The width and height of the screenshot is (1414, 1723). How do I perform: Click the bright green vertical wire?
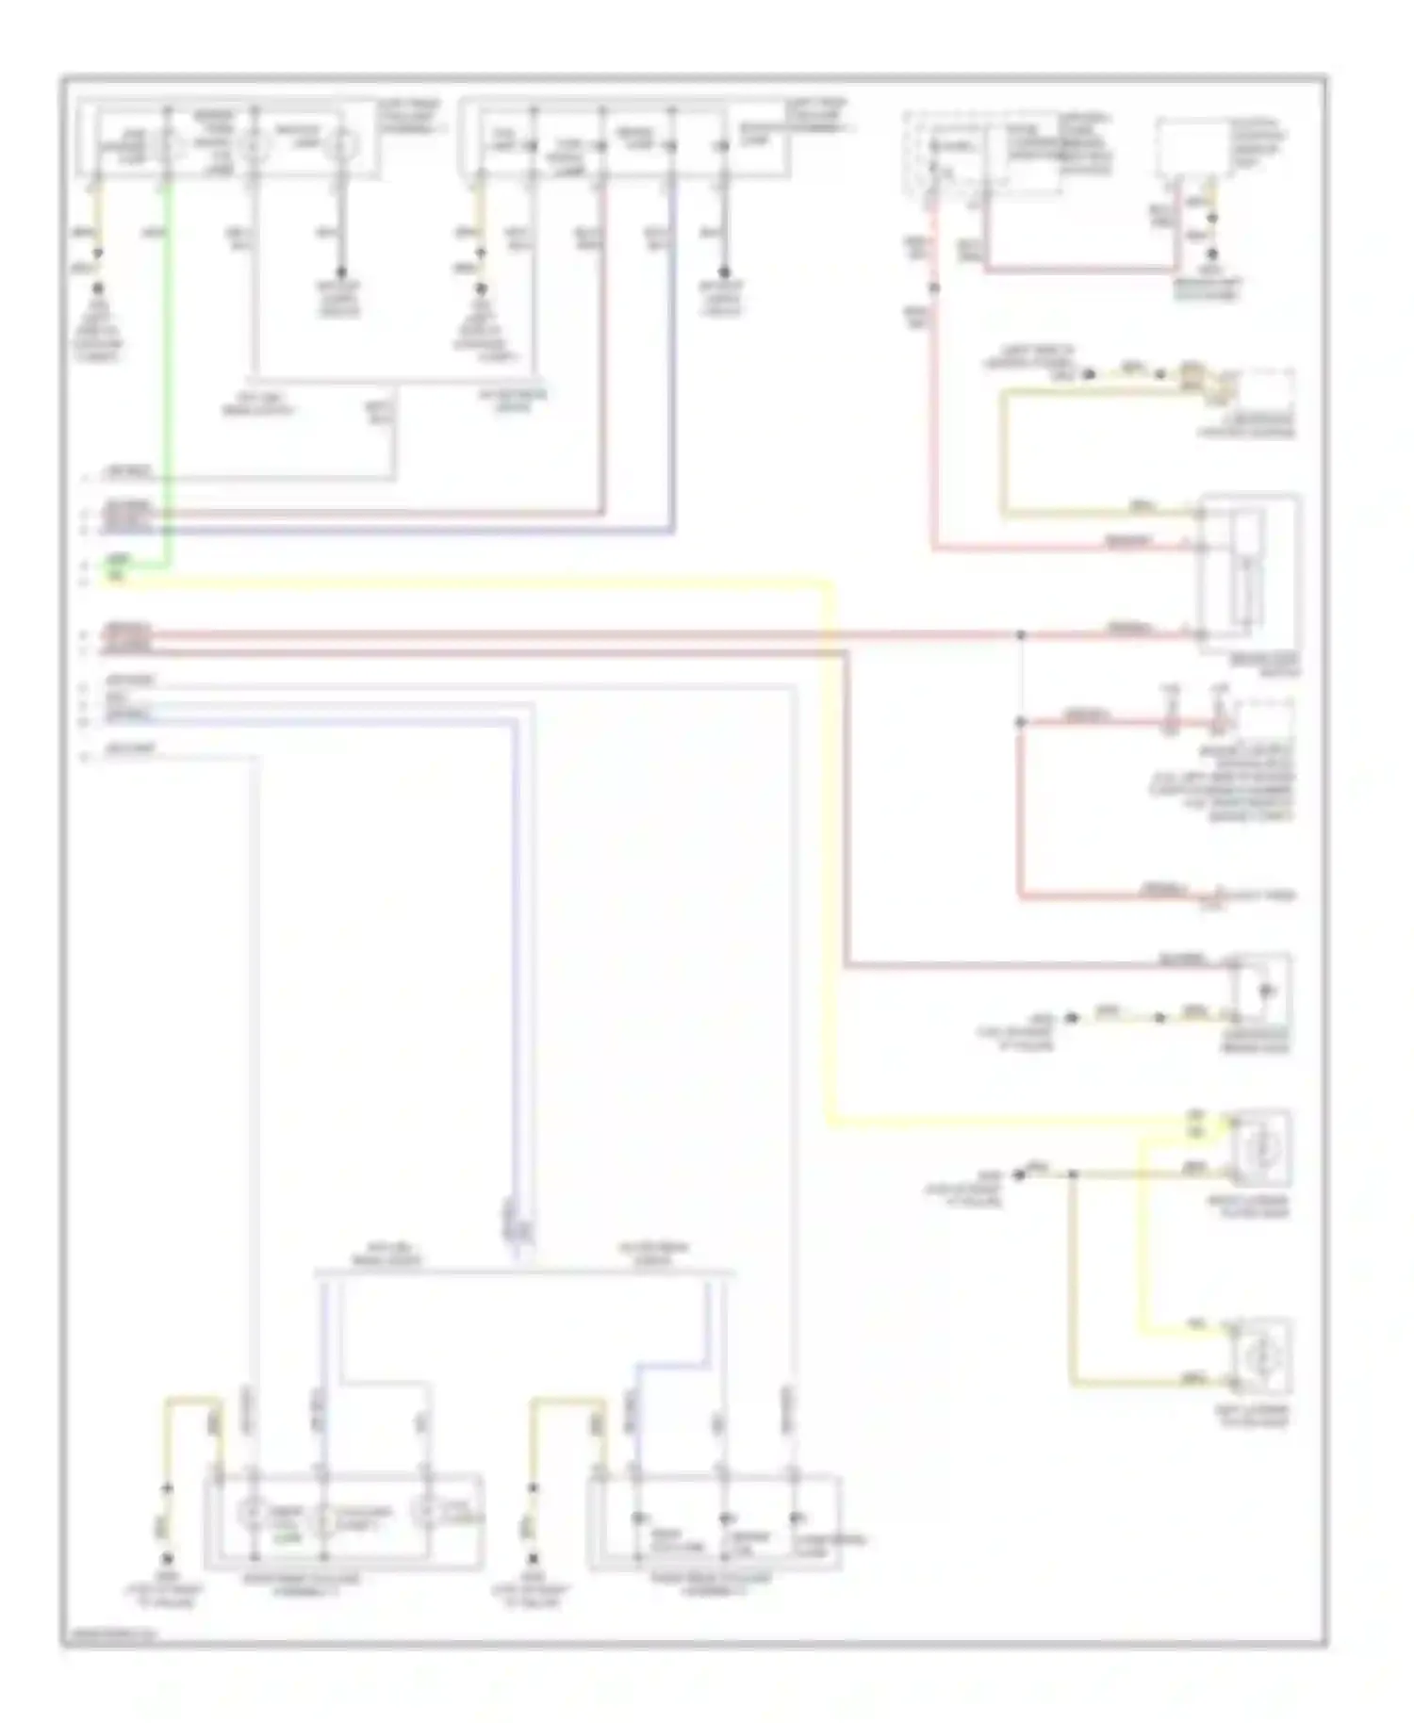point(169,377)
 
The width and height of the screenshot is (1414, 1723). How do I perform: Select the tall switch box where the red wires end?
point(1246,570)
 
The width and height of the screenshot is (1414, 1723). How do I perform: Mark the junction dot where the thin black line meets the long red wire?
point(1020,635)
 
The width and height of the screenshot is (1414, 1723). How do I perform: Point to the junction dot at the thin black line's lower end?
point(1020,723)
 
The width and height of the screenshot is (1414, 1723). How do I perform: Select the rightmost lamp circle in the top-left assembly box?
point(340,145)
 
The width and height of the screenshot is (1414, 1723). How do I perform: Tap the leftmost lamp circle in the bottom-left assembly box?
point(252,1514)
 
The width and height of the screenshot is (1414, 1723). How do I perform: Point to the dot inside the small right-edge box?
point(1265,991)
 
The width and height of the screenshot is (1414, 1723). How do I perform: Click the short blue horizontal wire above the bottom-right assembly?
point(671,1364)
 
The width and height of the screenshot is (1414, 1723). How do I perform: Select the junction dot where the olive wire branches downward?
point(1072,1174)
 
